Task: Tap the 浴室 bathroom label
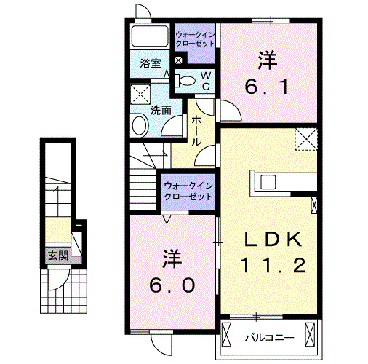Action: (x=151, y=64)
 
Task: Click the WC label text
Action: (x=206, y=80)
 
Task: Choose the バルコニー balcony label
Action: (x=268, y=337)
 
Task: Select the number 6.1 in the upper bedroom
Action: (x=268, y=87)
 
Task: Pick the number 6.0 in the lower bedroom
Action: (x=172, y=285)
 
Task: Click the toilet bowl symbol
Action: (x=185, y=81)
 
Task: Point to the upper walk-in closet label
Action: (x=195, y=36)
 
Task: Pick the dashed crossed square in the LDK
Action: (x=306, y=138)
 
